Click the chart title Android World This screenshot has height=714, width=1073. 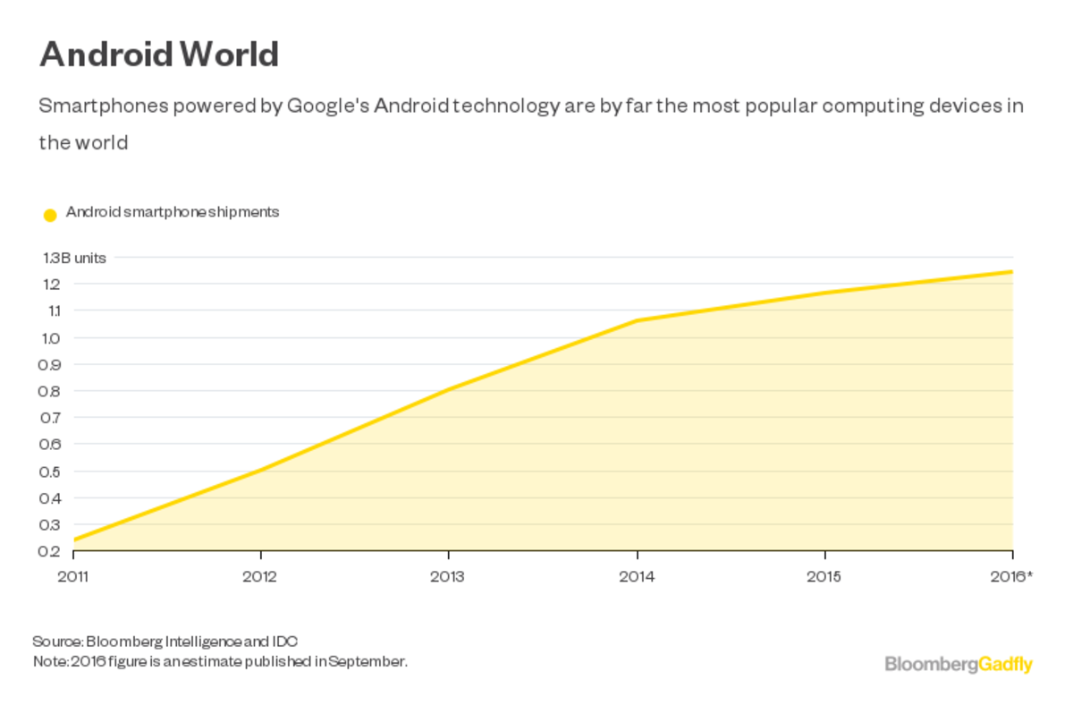159,55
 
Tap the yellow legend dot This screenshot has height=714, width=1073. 50,215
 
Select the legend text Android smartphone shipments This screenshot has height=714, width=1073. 173,212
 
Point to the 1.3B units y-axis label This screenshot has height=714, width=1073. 74,258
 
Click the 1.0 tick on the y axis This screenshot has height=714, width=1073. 51,338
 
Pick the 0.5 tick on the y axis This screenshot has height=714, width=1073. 51,472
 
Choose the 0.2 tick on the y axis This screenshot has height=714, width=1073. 51,551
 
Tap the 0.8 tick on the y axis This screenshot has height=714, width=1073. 51,391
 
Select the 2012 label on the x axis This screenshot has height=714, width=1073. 260,576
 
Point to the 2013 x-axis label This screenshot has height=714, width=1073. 448,576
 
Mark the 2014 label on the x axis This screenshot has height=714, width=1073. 637,576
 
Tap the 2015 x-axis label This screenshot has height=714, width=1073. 824,576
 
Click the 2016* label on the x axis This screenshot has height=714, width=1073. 1011,576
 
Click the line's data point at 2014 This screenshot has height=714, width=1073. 637,320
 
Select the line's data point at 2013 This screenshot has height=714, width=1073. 448,389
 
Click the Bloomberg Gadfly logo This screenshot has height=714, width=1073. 959,665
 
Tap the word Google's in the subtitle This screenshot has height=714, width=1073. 327,106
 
